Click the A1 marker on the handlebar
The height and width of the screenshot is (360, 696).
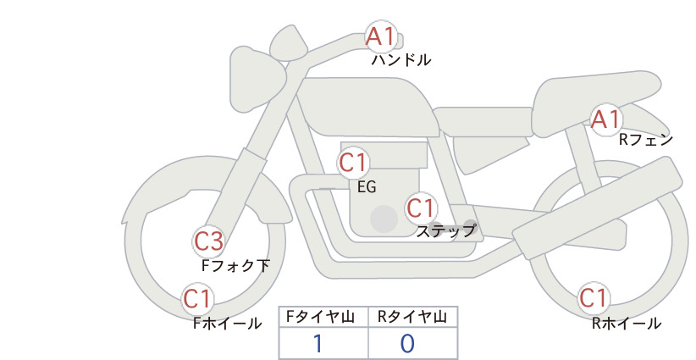pos(381,36)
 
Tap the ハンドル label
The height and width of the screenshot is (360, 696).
pos(400,59)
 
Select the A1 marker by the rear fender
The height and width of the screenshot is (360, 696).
pos(606,119)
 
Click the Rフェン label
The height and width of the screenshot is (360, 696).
pos(646,140)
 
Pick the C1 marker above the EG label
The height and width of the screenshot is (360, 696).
pos(353,163)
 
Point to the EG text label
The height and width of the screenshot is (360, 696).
pos(367,187)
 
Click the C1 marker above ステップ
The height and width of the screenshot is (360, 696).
pos(421,208)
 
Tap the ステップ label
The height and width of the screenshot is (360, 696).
pos(445,231)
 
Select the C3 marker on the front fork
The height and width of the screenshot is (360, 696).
pos(209,241)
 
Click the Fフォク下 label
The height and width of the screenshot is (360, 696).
pos(235,265)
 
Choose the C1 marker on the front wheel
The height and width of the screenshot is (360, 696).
pos(197,299)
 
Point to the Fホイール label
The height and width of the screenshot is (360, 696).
pos(227,324)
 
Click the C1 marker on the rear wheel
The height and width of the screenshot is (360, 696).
pos(594,298)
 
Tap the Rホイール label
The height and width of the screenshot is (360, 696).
pos(627,324)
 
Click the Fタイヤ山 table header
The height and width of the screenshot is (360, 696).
pos(320,317)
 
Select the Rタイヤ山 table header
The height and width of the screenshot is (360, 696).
pos(412,317)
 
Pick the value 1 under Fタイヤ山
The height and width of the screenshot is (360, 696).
pos(318,344)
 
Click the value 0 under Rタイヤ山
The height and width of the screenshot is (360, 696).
pos(407,344)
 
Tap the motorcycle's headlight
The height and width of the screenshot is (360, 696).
pos(257,80)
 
